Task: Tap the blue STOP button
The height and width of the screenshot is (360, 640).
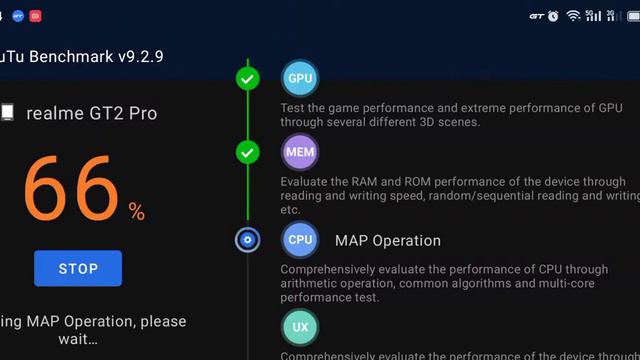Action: click(78, 268)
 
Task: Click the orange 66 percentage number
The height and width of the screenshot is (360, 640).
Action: click(70, 188)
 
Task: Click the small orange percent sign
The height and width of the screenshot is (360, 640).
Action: click(136, 211)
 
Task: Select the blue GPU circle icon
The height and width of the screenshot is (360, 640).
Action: click(300, 78)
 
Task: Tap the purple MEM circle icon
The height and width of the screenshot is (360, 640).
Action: click(300, 153)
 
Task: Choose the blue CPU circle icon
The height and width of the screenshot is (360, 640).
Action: click(300, 240)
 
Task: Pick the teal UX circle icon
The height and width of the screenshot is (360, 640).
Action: click(300, 327)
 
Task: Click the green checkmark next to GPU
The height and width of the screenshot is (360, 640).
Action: click(248, 78)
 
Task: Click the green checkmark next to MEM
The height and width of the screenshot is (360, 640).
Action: click(248, 153)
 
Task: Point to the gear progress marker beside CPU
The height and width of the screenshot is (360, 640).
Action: click(248, 240)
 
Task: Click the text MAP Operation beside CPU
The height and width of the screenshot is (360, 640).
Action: click(388, 240)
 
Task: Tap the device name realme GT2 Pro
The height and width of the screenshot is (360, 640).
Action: click(91, 113)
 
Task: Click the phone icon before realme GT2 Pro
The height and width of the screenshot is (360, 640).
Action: click(7, 113)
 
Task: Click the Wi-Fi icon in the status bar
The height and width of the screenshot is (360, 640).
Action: click(573, 15)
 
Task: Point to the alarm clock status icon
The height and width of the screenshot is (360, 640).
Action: click(553, 15)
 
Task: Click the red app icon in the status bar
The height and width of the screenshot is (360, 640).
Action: click(35, 15)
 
